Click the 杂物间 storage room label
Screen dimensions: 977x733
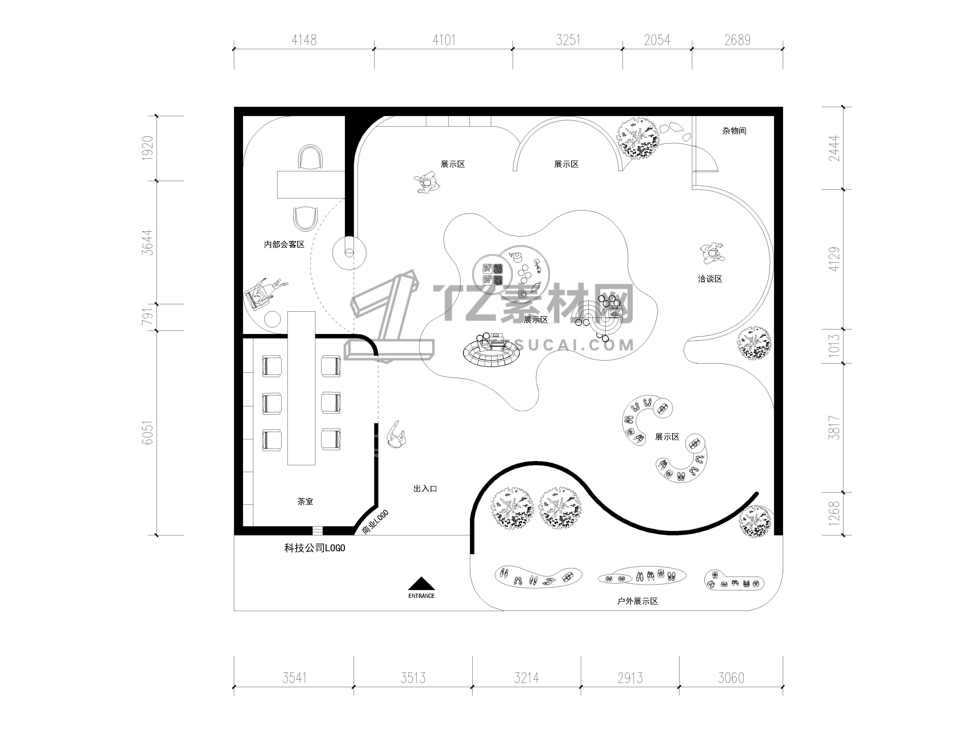(734, 131)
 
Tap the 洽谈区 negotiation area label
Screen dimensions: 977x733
(710, 279)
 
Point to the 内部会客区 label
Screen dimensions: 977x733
(284, 244)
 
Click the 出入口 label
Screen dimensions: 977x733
(425, 489)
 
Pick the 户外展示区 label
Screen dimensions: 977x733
(637, 601)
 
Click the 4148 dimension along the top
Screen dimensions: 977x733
(304, 40)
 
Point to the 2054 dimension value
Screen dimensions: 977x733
(657, 40)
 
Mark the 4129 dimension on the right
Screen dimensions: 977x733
(834, 259)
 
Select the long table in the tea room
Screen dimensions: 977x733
(301, 388)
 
